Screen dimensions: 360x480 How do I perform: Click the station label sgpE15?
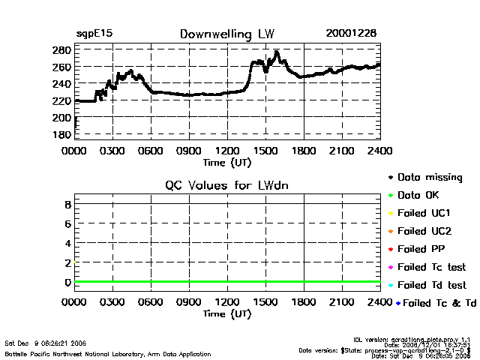click(92, 34)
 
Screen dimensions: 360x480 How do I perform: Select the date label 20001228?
click(351, 34)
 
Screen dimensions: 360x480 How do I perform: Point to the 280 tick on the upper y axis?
click(61, 50)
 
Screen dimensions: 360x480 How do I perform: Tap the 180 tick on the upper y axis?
click(61, 134)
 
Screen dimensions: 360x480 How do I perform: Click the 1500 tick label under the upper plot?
click(265, 151)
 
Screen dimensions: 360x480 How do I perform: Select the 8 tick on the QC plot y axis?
click(67, 204)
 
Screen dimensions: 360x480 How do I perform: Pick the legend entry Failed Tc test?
click(431, 267)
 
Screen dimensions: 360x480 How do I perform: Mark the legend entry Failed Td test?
click(431, 285)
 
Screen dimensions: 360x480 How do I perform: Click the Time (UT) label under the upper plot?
click(227, 161)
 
